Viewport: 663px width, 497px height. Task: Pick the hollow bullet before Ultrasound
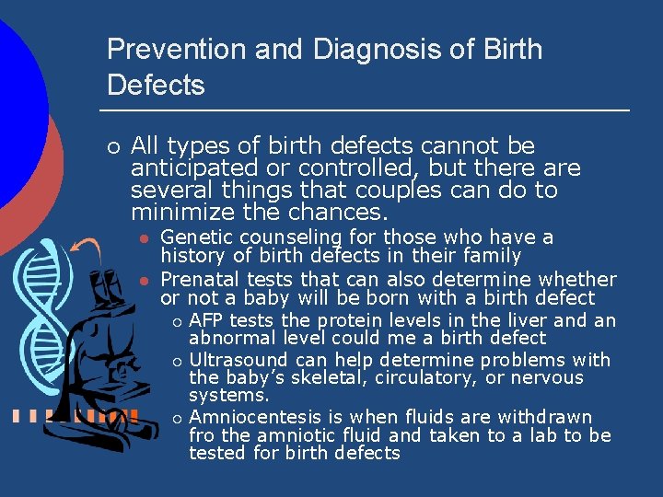click(176, 361)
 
